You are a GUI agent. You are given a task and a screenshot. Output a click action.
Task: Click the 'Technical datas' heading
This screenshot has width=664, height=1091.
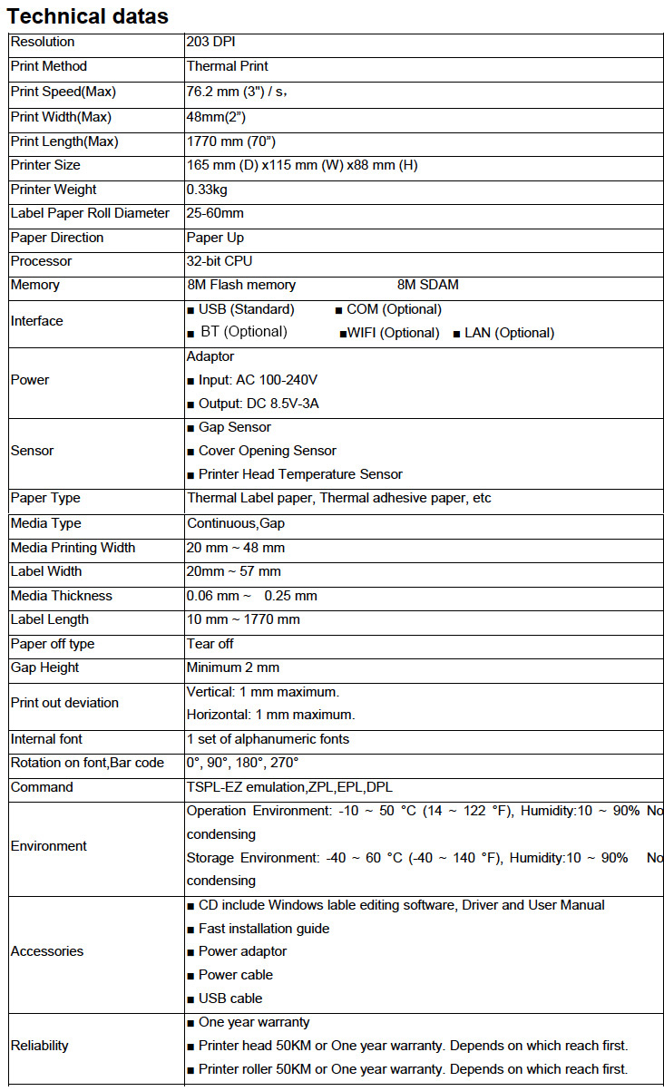88,15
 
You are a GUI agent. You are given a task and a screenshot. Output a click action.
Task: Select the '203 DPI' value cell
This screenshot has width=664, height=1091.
211,42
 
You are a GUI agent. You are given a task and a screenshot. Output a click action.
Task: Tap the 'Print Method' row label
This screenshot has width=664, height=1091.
49,66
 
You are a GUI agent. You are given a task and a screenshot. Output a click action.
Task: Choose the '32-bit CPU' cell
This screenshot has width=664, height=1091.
219,261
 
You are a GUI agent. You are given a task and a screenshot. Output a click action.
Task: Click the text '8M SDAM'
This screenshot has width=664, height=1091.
428,285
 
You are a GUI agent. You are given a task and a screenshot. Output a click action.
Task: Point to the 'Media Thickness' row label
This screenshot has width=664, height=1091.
62,596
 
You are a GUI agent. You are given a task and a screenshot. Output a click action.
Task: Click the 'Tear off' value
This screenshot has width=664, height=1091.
210,644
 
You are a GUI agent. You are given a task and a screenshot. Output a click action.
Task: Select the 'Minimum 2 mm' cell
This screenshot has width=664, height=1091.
233,667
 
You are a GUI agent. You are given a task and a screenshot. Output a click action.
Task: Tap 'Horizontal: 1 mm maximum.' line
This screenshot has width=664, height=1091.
270,715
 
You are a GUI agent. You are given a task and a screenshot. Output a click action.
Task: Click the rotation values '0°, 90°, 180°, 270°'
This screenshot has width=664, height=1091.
242,764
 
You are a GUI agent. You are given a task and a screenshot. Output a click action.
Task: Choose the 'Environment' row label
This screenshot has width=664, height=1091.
49,846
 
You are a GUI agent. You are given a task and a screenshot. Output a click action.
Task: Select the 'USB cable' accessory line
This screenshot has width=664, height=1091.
230,998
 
